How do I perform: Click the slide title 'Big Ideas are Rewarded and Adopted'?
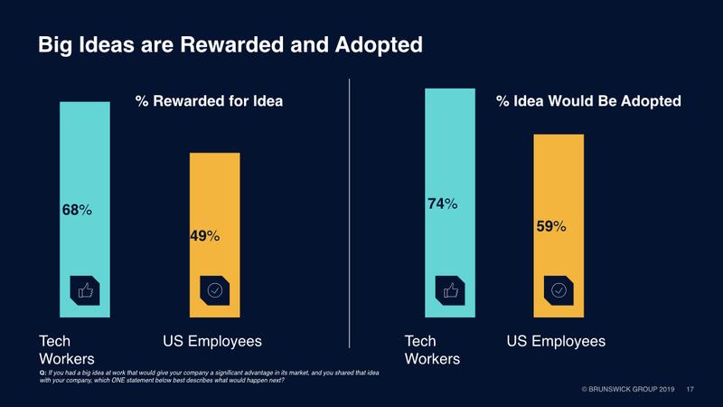(x=230, y=44)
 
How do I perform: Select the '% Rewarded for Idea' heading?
(x=209, y=101)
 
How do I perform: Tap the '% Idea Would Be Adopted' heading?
(x=588, y=101)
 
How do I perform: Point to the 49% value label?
(x=205, y=237)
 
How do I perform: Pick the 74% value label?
(x=442, y=204)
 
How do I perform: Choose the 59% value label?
(x=550, y=226)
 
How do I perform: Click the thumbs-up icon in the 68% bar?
(x=85, y=290)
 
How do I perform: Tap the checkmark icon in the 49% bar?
(x=214, y=290)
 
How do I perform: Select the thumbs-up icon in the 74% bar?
(x=449, y=290)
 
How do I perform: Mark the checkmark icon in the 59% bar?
(x=559, y=290)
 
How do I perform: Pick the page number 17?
(x=690, y=390)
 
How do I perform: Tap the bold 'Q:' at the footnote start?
(x=42, y=373)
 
